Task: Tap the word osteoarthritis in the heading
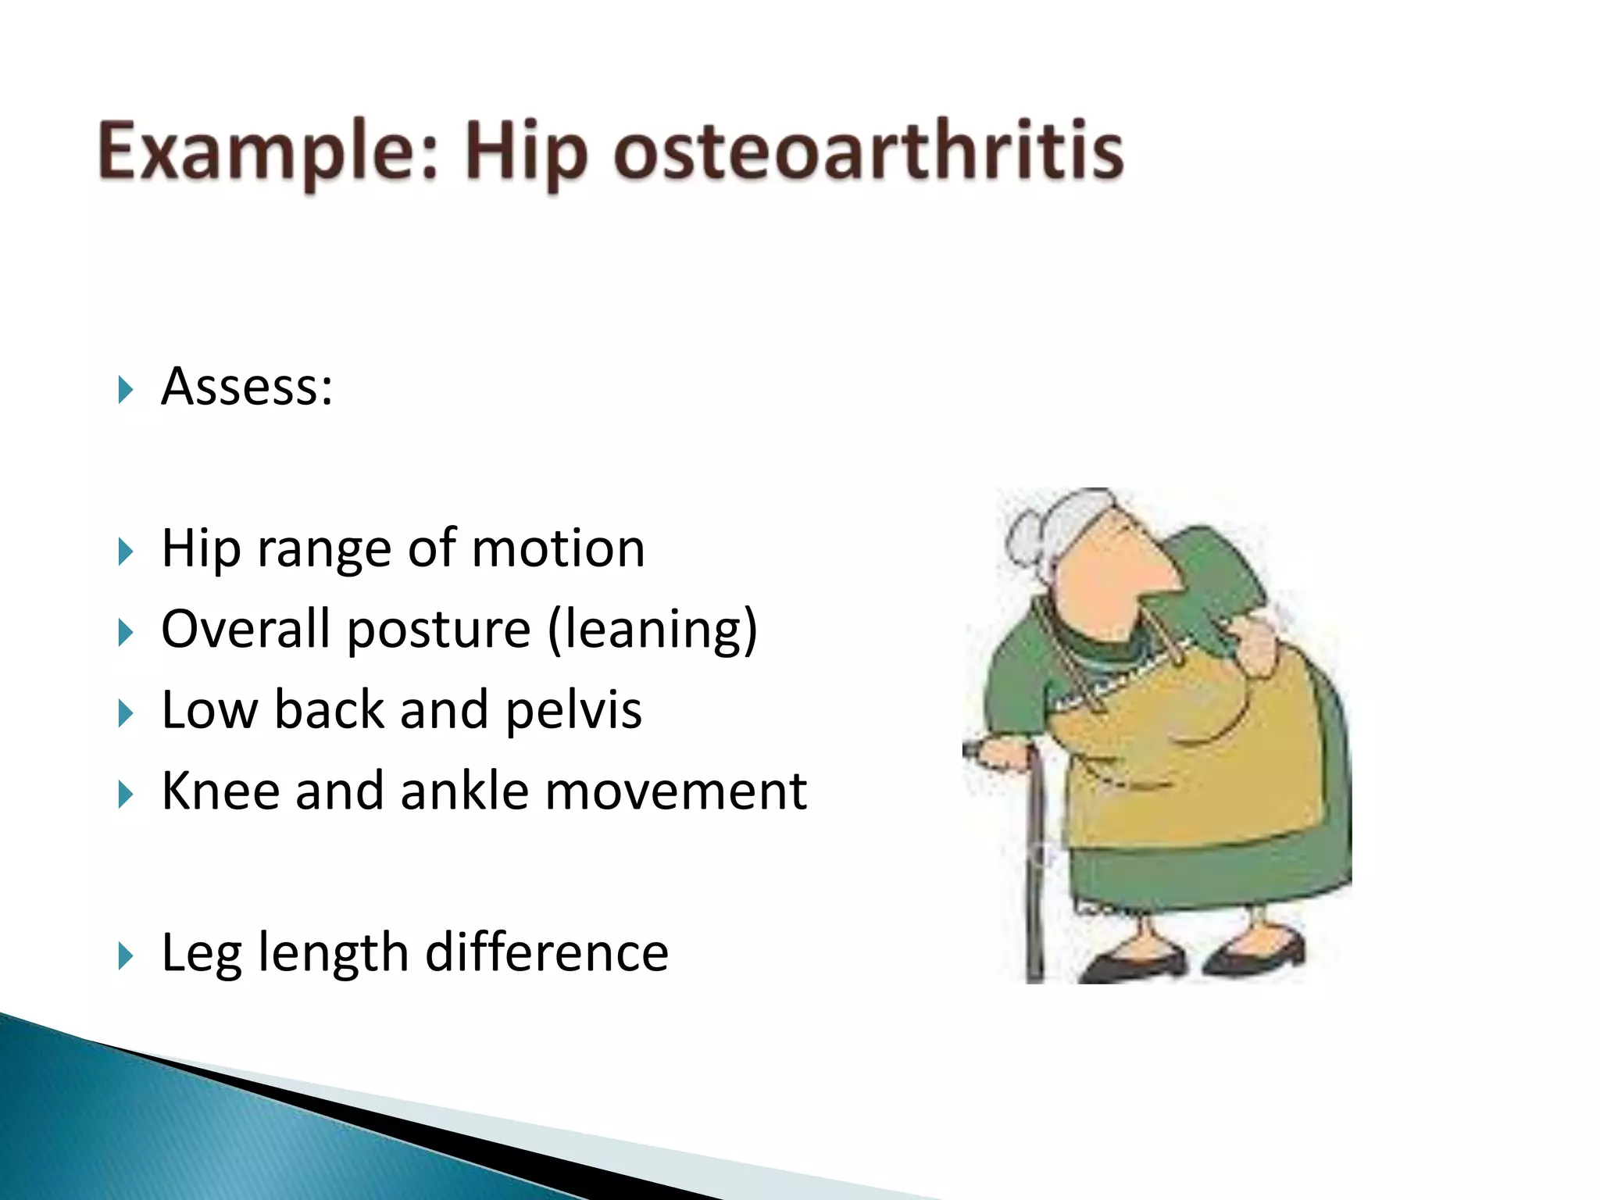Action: [x=867, y=151]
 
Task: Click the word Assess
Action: [x=246, y=387]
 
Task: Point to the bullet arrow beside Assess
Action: [x=125, y=389]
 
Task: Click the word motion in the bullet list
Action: [x=558, y=548]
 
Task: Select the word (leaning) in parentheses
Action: [x=652, y=630]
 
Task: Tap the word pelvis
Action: [x=573, y=710]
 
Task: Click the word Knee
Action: [x=220, y=791]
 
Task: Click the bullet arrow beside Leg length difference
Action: [x=125, y=955]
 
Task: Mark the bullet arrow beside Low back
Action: [x=125, y=712]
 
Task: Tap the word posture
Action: [x=438, y=630]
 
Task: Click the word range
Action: [x=324, y=550]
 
